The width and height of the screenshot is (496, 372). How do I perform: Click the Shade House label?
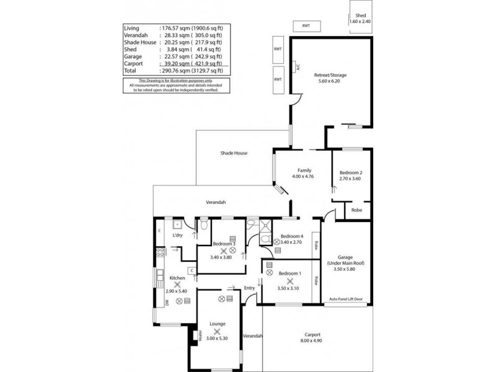click(234, 153)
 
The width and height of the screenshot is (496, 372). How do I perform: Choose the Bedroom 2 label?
click(350, 172)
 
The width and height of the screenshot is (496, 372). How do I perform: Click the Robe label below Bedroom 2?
click(356, 210)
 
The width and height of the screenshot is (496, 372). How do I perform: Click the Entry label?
click(249, 288)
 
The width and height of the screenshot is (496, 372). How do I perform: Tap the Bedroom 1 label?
click(290, 273)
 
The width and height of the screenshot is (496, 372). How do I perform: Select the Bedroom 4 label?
click(292, 236)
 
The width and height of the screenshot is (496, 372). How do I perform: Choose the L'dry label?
click(178, 235)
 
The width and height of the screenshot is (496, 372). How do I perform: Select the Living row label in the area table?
click(131, 28)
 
